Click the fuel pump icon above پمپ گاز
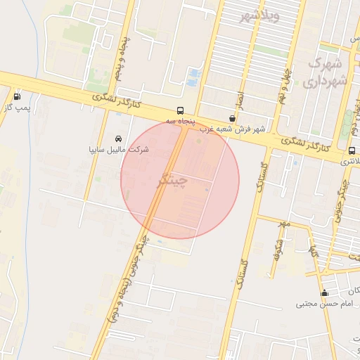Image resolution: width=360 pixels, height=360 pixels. pyautogui.click(x=17, y=96)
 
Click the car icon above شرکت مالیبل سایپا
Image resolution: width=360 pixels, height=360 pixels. pyautogui.click(x=117, y=139)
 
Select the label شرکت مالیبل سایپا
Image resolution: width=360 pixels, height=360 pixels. pyautogui.click(x=118, y=150)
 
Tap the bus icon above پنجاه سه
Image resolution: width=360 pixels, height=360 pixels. pyautogui.click(x=181, y=110)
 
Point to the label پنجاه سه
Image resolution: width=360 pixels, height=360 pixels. pyautogui.click(x=179, y=122)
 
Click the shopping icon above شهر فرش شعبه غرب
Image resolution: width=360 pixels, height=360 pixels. pyautogui.click(x=232, y=119)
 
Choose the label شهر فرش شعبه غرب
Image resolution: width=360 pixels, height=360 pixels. pyautogui.click(x=232, y=129)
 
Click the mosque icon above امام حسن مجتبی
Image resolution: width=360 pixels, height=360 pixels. pyautogui.click(x=324, y=293)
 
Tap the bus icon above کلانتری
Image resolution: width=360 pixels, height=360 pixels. pyautogui.click(x=352, y=150)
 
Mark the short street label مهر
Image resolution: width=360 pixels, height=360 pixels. pyautogui.click(x=283, y=224)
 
